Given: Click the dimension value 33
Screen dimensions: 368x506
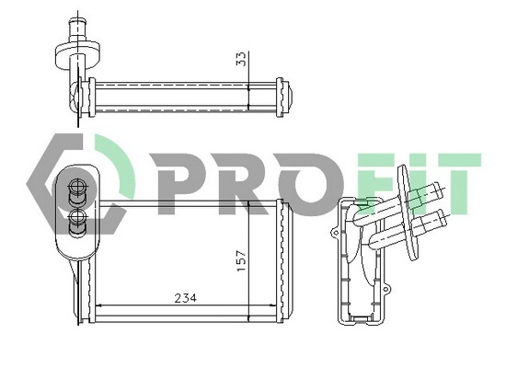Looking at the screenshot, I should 242,59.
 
